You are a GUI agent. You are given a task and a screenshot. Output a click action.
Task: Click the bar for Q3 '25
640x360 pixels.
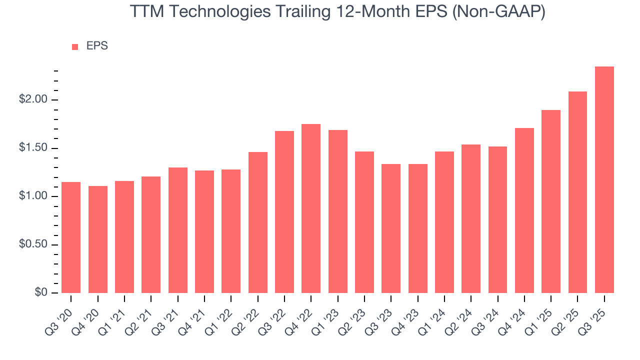coord(604,180)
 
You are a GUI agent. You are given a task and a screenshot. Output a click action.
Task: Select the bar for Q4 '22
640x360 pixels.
coord(311,208)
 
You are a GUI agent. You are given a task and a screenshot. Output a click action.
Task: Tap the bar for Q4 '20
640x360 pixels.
coord(98,239)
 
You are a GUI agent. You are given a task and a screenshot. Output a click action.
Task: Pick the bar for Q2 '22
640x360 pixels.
coord(257,222)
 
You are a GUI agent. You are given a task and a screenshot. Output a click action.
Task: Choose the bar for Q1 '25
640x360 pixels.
coord(550,201)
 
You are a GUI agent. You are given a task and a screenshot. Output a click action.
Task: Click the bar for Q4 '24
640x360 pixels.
coord(524,210)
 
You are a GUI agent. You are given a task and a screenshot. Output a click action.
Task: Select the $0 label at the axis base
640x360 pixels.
coord(40,293)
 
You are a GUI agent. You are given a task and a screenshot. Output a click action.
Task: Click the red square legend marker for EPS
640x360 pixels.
coord(75,47)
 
